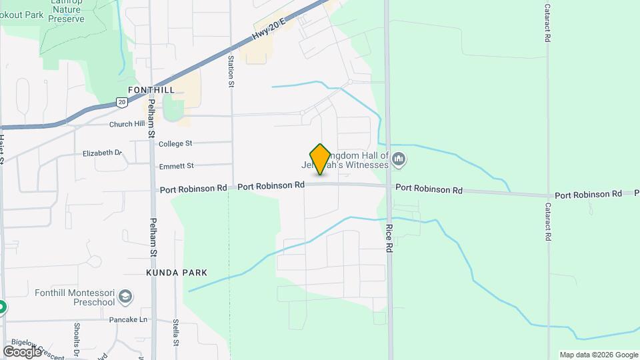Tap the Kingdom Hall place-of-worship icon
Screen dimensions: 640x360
tap(399, 159)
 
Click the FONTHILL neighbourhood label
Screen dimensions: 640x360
tap(151, 90)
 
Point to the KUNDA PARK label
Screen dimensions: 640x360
tap(177, 273)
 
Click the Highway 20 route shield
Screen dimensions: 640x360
tap(121, 102)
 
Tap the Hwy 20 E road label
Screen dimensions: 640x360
tap(269, 31)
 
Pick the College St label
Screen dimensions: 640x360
tap(175, 143)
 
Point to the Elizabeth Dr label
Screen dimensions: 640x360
tap(103, 153)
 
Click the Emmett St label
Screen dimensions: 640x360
tap(176, 165)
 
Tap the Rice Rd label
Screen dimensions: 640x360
tap(388, 237)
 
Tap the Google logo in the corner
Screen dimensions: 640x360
tap(22, 351)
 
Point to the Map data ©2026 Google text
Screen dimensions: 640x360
tap(599, 355)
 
